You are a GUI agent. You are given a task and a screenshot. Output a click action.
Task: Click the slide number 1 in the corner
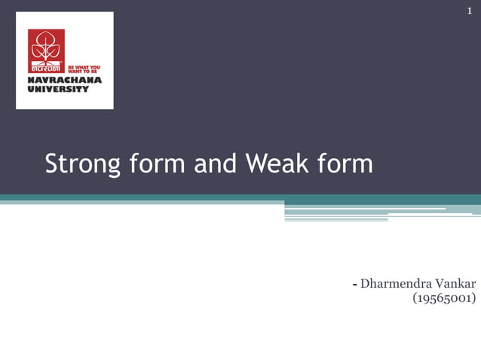coord(468,11)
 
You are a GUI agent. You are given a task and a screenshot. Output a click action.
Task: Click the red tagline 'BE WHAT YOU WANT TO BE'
coord(84,69)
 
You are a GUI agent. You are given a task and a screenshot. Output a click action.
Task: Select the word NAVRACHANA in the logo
coord(64,80)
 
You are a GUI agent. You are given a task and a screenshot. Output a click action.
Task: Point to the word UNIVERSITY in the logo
coord(58,89)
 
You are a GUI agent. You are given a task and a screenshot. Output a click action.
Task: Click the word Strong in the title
coord(79,163)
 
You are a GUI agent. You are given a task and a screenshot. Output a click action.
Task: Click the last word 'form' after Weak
coord(345,163)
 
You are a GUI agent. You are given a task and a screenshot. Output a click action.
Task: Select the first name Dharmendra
coord(394,284)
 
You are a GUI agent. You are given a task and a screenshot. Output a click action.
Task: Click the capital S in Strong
coord(52,163)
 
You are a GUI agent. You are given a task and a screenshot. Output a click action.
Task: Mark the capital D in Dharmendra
coord(366,284)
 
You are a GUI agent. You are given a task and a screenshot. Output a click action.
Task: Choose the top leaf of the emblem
coord(46,38)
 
